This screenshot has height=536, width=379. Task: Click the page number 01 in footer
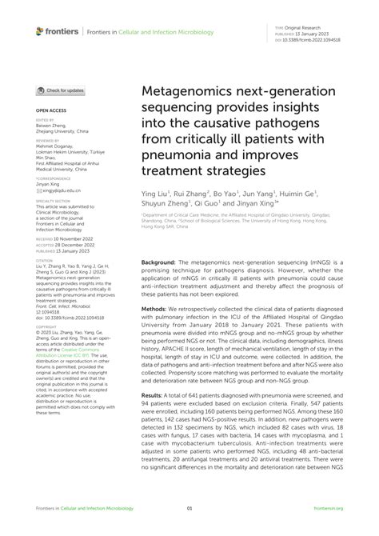pos(189,508)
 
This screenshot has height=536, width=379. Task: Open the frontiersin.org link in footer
pos(328,508)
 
